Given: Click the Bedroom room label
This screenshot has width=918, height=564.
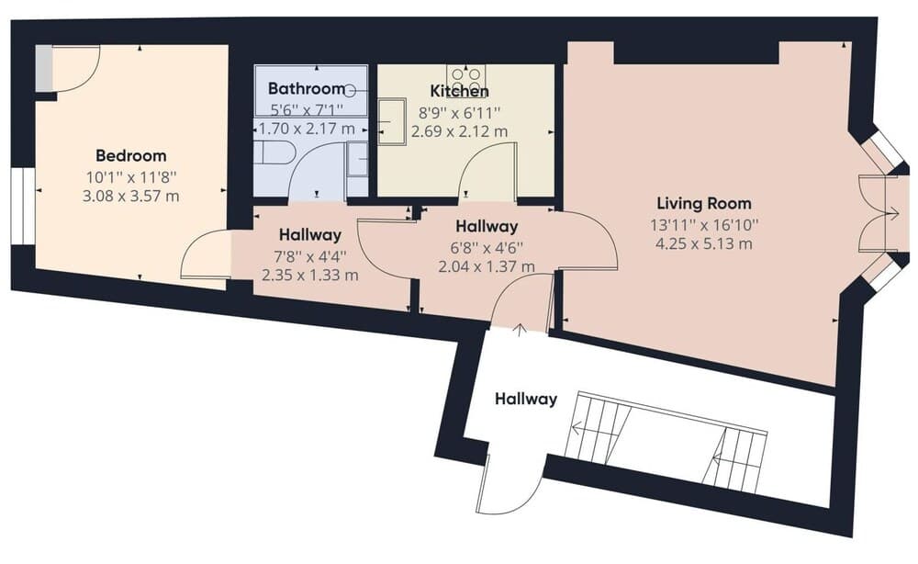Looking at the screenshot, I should click(x=130, y=155).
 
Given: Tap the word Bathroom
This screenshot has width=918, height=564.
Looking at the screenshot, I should click(x=299, y=89).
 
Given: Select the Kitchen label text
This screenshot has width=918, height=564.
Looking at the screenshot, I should click(x=459, y=91).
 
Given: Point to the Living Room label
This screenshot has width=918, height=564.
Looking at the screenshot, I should click(x=703, y=203).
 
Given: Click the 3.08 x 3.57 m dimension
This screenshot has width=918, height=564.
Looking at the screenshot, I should click(x=130, y=196).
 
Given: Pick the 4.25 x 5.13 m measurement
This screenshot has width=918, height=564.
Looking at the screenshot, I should click(x=703, y=243).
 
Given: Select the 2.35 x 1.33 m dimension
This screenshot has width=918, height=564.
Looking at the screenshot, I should click(x=310, y=274).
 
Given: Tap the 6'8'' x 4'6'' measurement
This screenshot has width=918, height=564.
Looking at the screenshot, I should click(x=486, y=246).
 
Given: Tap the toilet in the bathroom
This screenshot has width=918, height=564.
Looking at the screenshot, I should click(x=273, y=152).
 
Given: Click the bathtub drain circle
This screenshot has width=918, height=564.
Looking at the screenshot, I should click(x=352, y=90).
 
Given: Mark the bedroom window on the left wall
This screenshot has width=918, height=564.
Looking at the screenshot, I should click(x=17, y=206).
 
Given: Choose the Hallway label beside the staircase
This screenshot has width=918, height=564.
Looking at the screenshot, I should click(x=526, y=399).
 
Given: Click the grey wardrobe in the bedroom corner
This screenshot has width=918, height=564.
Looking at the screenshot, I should click(x=44, y=69).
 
